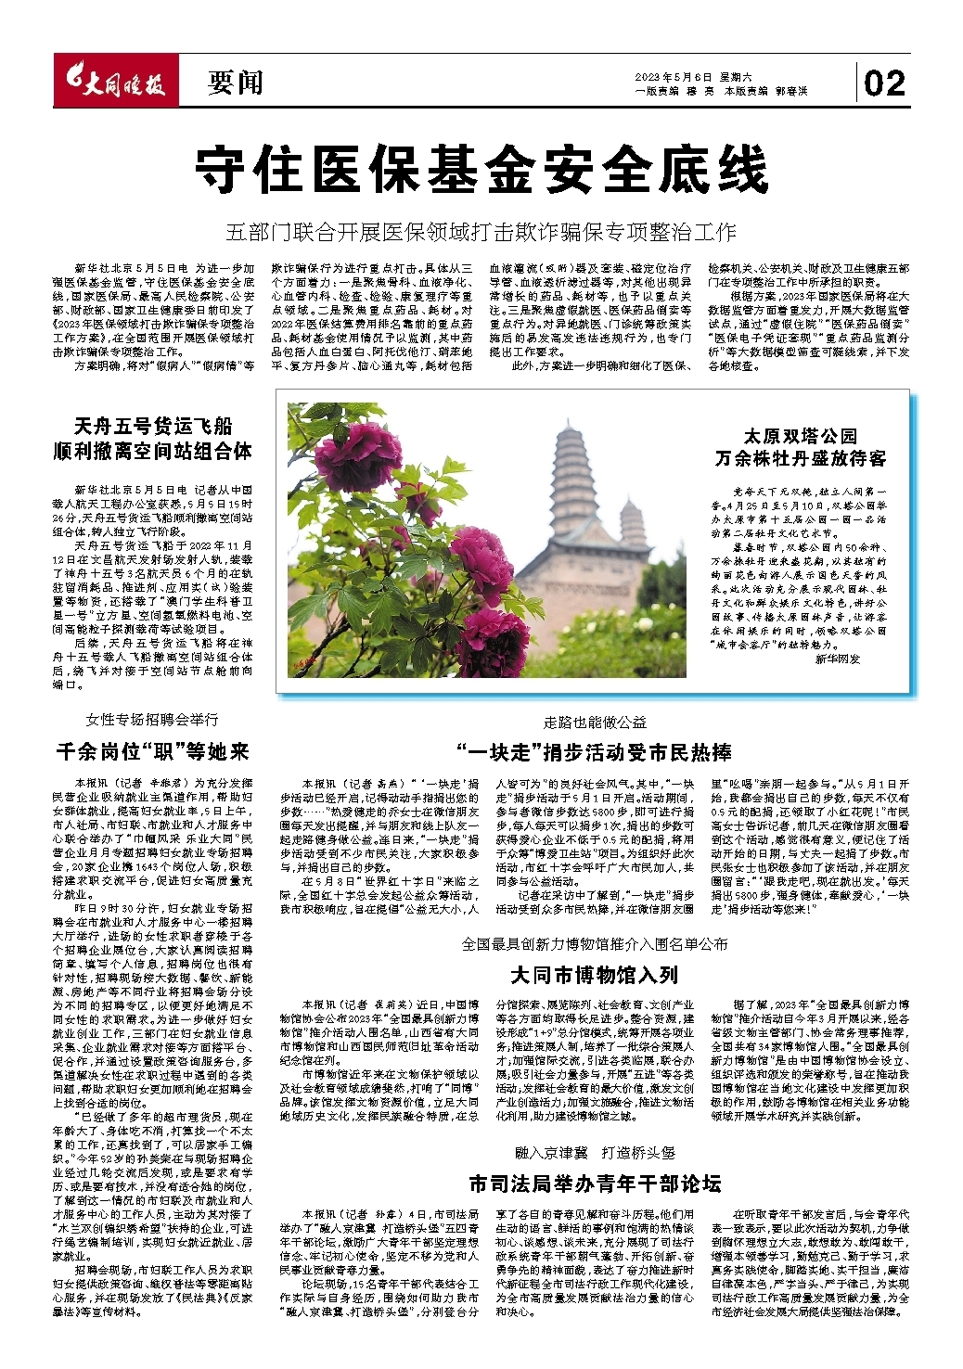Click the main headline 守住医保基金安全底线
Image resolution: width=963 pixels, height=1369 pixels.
tap(481, 170)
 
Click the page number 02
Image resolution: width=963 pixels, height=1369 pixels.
tap(884, 83)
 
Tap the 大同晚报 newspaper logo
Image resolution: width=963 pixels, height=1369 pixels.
tap(112, 83)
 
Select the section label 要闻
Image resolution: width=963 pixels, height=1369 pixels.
tap(235, 83)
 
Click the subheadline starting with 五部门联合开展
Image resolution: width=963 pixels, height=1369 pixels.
tap(481, 231)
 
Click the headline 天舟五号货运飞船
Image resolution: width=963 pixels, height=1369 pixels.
tap(153, 427)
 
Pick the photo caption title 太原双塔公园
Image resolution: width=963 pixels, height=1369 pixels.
tap(801, 436)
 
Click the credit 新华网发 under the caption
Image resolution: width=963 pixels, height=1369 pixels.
tap(838, 659)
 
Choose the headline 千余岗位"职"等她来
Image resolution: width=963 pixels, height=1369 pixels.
tap(153, 751)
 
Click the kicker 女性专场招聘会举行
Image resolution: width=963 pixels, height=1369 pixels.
tap(153, 720)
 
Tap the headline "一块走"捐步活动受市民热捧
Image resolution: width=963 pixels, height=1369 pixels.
tap(595, 751)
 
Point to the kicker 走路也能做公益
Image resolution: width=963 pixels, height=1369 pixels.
tap(595, 723)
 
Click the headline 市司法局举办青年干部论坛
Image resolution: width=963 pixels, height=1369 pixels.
tap(595, 1183)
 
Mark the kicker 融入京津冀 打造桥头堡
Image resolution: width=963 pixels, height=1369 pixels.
tap(595, 1153)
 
